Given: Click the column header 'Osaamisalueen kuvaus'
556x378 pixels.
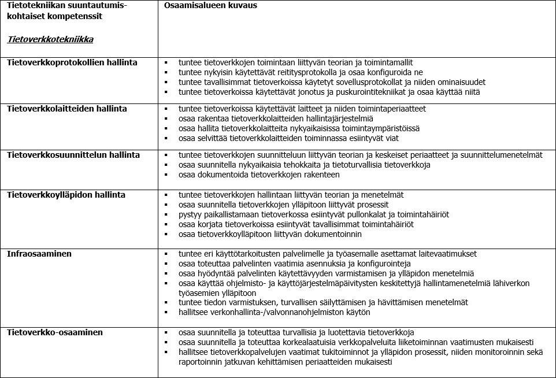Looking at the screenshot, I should tap(210, 6).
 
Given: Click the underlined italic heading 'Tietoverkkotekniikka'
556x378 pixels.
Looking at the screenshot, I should tap(50, 40).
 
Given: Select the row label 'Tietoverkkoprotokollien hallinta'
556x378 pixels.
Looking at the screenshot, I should tap(72, 62).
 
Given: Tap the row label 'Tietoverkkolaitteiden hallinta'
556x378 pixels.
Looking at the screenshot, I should tap(67, 109).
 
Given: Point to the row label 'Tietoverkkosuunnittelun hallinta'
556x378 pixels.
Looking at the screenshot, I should tap(73, 155).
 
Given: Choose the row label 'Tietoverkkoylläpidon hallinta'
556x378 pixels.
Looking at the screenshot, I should tap(66, 195).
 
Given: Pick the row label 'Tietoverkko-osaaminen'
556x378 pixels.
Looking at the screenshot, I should tap(55, 332).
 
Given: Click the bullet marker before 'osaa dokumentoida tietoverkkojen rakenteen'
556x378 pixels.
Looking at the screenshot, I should tap(166, 175).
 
